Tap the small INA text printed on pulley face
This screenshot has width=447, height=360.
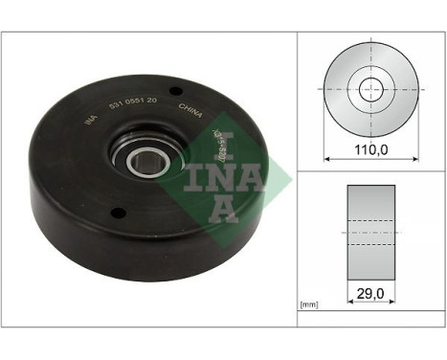click(90, 120)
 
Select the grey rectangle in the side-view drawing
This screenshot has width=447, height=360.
click(369, 230)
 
